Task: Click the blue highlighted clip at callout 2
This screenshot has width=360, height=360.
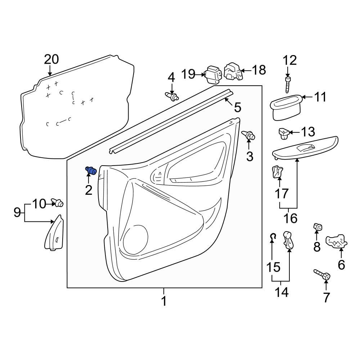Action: coord(91,171)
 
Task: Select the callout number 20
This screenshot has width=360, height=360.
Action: coord(51,59)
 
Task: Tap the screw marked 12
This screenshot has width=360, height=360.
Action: coord(287,85)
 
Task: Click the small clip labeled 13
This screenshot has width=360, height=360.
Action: coord(284,133)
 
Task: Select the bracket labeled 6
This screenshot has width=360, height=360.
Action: coord(336,241)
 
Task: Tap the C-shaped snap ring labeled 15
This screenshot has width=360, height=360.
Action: coord(273,237)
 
